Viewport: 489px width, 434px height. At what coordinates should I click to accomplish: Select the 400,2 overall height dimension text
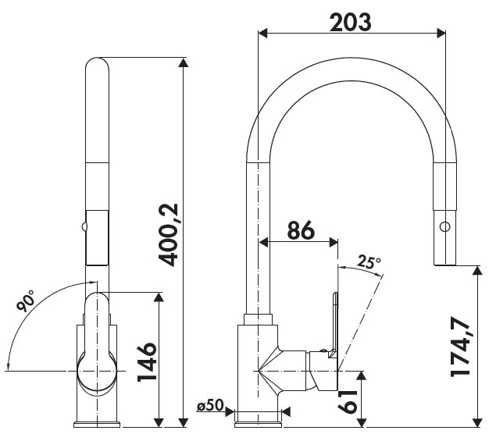pos(170,233)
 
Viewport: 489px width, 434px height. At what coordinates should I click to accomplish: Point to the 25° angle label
pos(369,262)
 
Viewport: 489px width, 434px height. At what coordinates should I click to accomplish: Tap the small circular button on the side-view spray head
pos(444,226)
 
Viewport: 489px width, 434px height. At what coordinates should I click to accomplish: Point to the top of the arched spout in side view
pos(351,68)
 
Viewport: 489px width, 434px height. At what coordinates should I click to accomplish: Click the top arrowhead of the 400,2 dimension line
pos(184,62)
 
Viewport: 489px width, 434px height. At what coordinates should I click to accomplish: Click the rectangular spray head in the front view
pos(95,237)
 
